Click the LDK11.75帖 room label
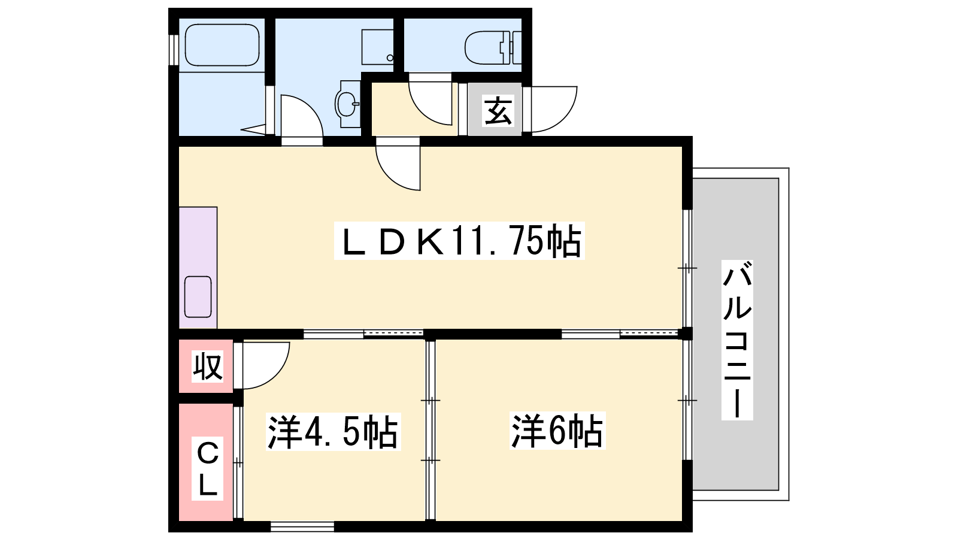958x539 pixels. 459,240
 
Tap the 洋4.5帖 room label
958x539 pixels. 333,432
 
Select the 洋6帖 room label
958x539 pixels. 557,431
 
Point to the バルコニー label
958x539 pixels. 737,340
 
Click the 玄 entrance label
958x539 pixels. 498,111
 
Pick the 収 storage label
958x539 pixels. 207,366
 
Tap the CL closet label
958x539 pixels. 207,468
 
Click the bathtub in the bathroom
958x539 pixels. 222,45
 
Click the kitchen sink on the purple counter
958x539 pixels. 198,297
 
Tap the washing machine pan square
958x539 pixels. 377,47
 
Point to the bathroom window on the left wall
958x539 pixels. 173,50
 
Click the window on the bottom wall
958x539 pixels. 302,526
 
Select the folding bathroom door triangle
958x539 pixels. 254,129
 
